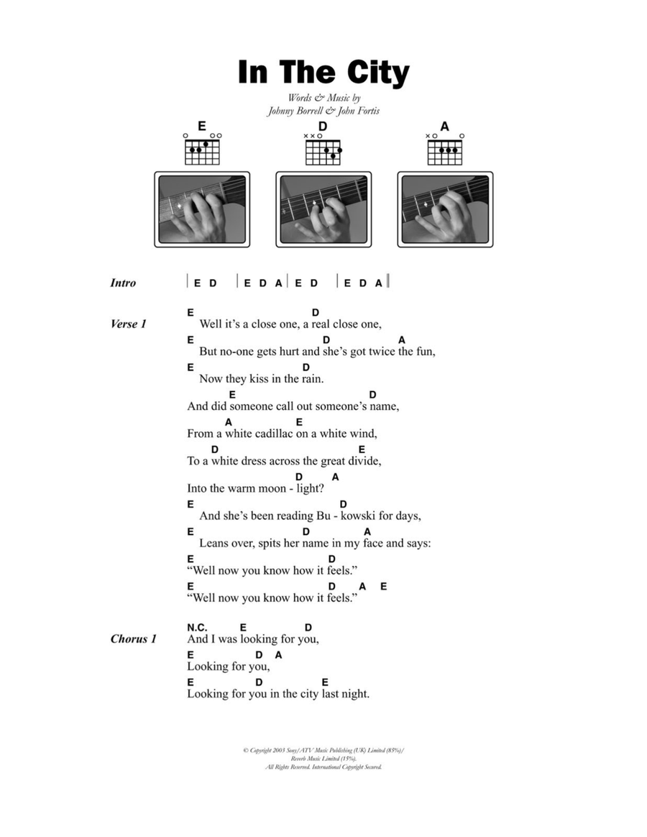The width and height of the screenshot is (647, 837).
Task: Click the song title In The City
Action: tap(323, 73)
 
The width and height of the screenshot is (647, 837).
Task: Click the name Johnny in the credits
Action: tap(280, 111)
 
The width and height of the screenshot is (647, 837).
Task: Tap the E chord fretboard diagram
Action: tap(202, 150)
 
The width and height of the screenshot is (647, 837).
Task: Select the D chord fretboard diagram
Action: tap(323, 150)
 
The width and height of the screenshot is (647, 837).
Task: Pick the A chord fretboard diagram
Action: tap(445, 150)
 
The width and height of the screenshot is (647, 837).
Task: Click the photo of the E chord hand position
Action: tap(202, 209)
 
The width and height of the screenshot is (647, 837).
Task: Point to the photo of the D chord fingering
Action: tap(323, 209)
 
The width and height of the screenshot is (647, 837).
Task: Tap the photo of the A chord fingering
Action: tap(445, 209)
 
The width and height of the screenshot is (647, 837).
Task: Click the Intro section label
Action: tap(124, 283)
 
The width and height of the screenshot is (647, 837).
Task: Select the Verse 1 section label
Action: tap(128, 324)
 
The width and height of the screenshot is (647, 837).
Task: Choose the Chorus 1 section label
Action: tap(134, 639)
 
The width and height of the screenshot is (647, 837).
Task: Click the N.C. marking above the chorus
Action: tap(197, 628)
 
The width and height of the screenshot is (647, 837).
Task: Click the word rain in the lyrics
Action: tap(312, 379)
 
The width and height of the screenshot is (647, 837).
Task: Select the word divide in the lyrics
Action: tap(364, 461)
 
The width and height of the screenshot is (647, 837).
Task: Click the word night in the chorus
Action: tap(355, 694)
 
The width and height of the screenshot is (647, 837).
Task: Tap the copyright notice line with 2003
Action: tap(323, 751)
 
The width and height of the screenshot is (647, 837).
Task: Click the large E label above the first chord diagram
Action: tap(202, 126)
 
